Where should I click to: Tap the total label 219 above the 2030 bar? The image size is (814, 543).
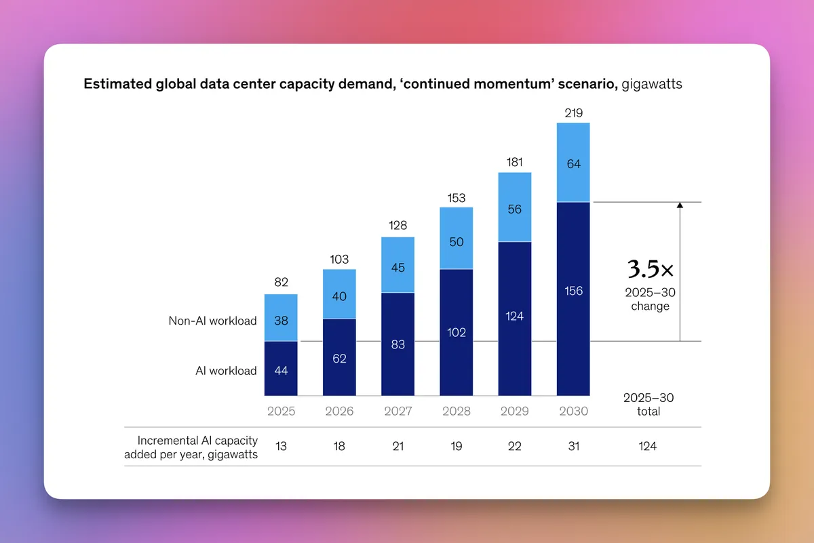click(573, 113)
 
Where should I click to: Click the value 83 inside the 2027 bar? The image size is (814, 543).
click(398, 344)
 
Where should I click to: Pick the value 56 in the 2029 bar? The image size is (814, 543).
click(515, 209)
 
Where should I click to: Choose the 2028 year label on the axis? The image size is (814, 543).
click(457, 411)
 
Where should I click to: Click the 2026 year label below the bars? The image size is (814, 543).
click(339, 411)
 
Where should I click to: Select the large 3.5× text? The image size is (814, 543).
click(650, 270)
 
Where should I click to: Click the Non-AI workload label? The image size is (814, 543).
click(212, 321)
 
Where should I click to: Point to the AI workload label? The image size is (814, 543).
click(226, 370)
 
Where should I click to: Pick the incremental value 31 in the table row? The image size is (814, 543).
click(573, 446)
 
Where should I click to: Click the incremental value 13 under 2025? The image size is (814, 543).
click(281, 446)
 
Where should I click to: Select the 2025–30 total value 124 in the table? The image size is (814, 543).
click(648, 446)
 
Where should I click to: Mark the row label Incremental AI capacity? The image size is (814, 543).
click(197, 440)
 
